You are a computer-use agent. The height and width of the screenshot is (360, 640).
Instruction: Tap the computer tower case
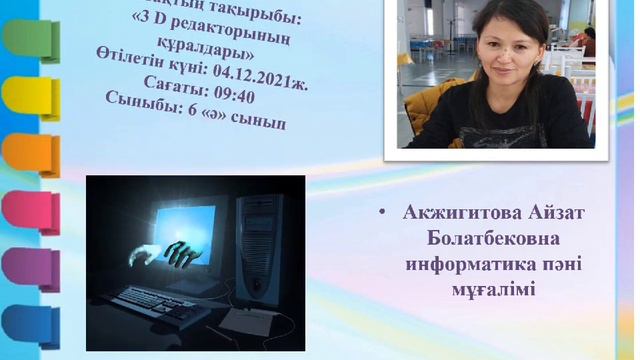[260, 250]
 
